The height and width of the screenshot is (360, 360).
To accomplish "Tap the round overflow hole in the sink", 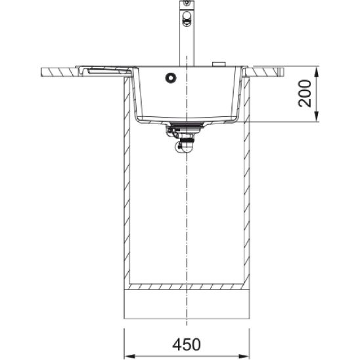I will (170, 77).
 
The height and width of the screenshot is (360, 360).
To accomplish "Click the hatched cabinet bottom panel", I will (188, 288).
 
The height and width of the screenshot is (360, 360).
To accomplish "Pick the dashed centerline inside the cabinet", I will (188, 217).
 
